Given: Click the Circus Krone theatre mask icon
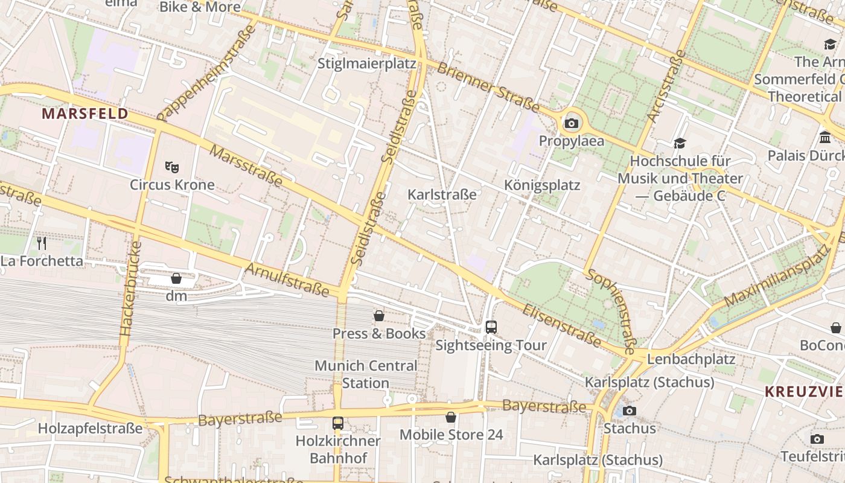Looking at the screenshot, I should [x=172, y=167].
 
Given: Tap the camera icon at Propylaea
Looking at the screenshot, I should [x=571, y=124].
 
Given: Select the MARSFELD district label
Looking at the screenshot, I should [x=84, y=114].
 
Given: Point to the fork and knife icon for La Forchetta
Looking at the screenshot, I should [x=42, y=243].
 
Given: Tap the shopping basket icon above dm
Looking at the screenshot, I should [x=176, y=278].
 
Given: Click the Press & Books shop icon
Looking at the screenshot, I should [x=379, y=316].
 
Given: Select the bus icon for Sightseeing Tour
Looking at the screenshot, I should [x=491, y=327].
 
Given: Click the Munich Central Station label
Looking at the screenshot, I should [x=366, y=374].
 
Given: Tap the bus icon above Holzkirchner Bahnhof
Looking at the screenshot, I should [x=338, y=423].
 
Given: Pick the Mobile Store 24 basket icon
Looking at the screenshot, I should [x=450, y=417].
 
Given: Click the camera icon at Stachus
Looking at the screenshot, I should [x=629, y=411].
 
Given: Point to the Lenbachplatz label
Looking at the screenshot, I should [x=691, y=359].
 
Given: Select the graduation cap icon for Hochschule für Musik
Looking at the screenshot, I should [x=680, y=143].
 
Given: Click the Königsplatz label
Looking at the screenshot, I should [x=542, y=185].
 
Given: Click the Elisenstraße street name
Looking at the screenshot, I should [x=561, y=327].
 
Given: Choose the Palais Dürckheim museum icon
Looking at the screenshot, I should [x=825, y=138].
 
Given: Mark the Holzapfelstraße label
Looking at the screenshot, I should [x=90, y=429].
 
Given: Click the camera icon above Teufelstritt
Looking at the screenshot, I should [x=817, y=439].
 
